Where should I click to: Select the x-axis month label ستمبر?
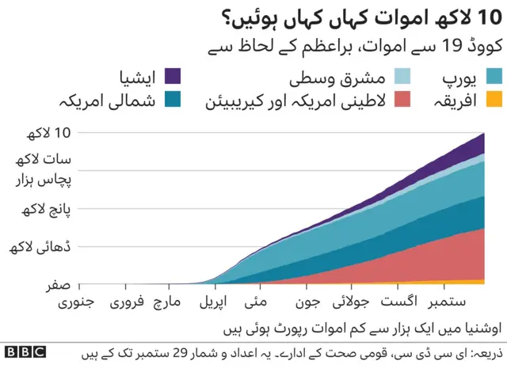pyautogui.click(x=447, y=302)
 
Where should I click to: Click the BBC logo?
pyautogui.click(x=25, y=352)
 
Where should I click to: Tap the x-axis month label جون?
pyautogui.click(x=309, y=302)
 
